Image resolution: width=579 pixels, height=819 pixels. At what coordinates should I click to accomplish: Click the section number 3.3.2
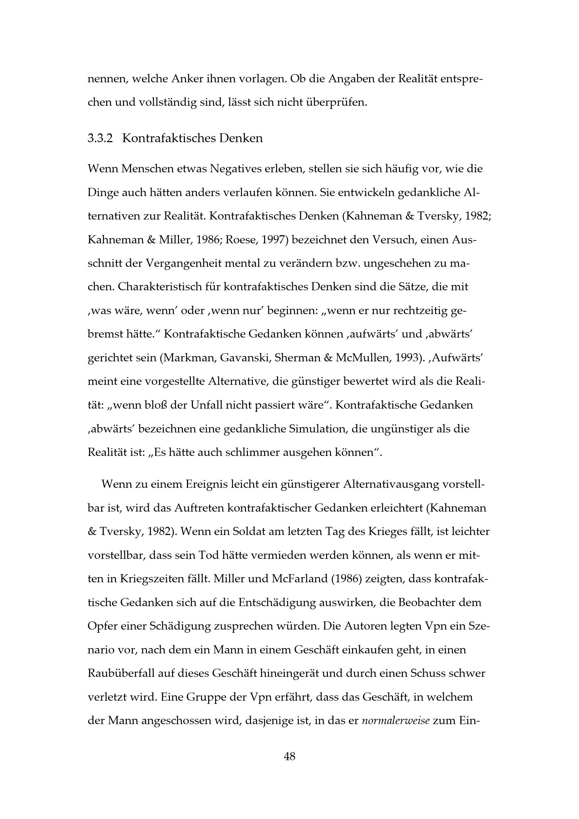point(100,138)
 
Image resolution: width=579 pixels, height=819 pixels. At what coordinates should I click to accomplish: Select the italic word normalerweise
point(395,721)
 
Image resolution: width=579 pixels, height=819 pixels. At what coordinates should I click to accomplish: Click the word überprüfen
point(336,103)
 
